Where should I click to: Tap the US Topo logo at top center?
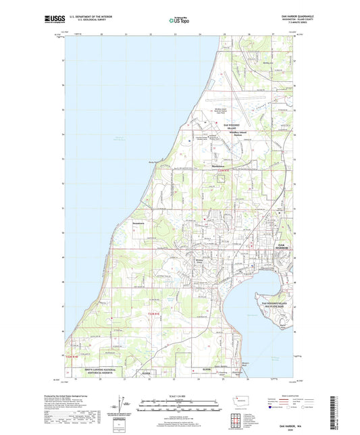point(178,21)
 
